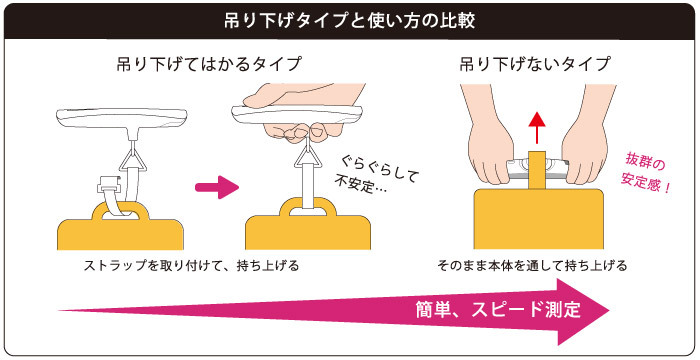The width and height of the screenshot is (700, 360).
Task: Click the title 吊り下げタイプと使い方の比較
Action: pos(350,21)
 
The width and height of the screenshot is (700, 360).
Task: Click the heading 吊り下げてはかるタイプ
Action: pos(209,64)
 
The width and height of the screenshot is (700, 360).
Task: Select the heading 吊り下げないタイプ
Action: pos(535,64)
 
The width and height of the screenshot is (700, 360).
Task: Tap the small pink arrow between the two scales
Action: pos(217,187)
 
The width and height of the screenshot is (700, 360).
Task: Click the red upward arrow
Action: pos(537,128)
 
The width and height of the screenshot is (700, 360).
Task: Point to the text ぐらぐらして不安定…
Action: pos(376,175)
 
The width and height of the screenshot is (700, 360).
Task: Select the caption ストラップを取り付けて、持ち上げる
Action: pos(192,266)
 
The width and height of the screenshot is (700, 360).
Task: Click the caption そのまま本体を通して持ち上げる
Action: pos(533,266)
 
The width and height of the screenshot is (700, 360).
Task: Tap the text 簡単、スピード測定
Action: pos(498,309)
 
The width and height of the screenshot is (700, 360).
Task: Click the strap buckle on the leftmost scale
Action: pos(110,183)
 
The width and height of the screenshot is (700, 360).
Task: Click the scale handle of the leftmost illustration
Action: pos(121,118)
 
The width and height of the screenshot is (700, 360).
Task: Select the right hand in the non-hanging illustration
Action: pos(584,143)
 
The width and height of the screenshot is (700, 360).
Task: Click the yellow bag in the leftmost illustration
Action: pos(121,228)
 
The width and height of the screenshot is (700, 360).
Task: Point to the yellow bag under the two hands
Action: pos(538,218)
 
